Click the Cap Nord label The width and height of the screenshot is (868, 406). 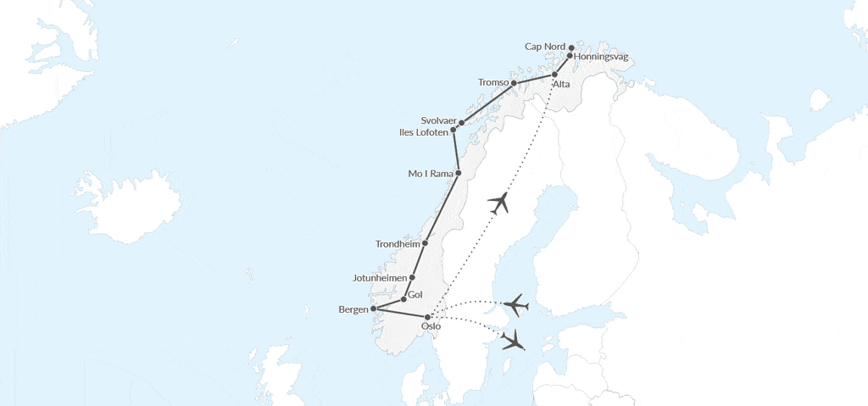tap(545, 47)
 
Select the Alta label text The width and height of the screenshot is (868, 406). tap(561, 85)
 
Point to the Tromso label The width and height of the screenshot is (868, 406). tap(492, 82)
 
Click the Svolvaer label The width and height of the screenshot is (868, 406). tap(438, 121)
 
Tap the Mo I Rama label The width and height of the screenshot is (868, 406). tap(431, 175)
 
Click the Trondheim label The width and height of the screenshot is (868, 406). tap(398, 244)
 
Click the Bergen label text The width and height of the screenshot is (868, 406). tap(353, 309)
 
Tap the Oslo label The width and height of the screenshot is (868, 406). tap(431, 326)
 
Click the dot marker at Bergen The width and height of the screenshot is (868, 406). tap(374, 309)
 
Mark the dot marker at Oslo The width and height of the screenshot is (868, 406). tap(428, 317)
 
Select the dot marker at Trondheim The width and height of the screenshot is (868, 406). tap(426, 243)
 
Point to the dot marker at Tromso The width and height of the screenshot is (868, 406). tap(514, 83)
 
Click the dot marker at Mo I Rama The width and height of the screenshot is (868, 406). tap(459, 174)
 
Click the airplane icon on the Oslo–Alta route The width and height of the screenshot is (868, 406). tap(501, 203)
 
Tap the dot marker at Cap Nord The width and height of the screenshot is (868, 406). tap(571, 47)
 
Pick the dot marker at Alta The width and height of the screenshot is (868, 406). tap(555, 75)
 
